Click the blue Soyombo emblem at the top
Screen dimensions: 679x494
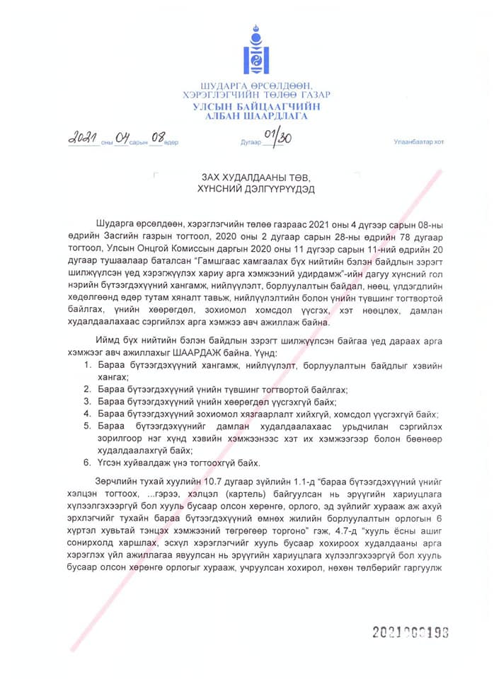click(255, 51)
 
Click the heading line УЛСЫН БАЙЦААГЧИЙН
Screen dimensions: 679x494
click(255, 105)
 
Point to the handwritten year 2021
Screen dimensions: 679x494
click(84, 138)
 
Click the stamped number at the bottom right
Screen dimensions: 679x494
click(410, 632)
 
